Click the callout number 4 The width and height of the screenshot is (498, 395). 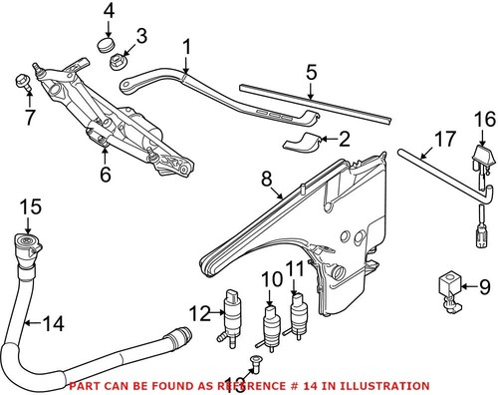click(x=110, y=12)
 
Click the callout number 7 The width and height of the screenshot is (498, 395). click(x=28, y=118)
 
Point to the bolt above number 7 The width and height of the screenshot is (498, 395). click(x=22, y=81)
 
